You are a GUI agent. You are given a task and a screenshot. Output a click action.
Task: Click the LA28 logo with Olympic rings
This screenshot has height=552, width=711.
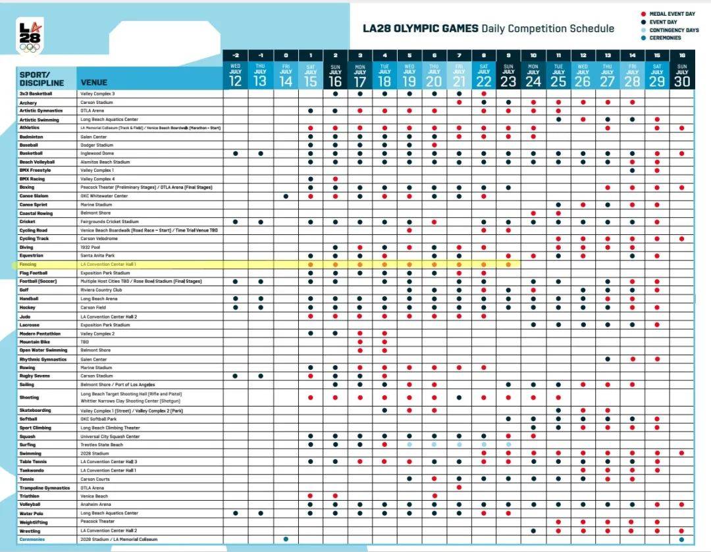[x=29, y=36]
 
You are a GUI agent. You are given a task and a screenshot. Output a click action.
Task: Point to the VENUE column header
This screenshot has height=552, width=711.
[x=94, y=83]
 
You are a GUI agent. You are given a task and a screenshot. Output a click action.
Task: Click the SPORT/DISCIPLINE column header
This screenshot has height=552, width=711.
[x=41, y=79]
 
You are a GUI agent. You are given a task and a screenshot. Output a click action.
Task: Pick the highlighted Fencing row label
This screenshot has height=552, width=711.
[x=28, y=264]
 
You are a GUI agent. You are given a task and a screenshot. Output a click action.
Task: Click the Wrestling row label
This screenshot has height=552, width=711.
[x=30, y=530]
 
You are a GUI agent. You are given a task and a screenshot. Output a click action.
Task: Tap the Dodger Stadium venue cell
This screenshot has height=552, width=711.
[x=97, y=145]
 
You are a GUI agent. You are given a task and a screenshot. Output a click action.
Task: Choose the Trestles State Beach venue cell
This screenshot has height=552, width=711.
[x=102, y=445]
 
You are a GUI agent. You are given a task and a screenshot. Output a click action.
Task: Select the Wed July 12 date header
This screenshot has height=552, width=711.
[x=236, y=76]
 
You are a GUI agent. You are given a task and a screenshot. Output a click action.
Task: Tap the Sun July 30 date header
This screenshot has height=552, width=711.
[x=681, y=76]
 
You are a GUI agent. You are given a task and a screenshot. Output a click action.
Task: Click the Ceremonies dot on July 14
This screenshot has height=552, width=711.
[x=286, y=539]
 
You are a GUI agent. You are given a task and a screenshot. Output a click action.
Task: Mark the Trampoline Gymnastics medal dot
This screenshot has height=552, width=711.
[x=459, y=488]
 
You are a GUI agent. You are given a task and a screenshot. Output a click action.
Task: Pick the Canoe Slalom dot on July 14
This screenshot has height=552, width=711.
[x=286, y=196]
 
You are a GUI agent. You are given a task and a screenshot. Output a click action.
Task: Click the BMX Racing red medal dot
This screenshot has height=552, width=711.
[x=335, y=179]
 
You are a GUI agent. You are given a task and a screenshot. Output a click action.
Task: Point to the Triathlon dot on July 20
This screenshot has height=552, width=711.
[x=434, y=496]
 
